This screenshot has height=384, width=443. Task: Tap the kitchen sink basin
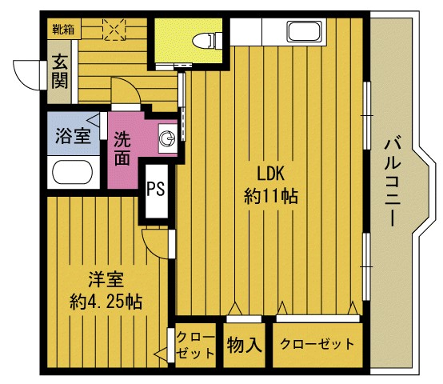pos(304,32)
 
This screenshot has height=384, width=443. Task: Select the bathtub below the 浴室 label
pos(73,172)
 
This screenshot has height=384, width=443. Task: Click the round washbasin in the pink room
pos(167,138)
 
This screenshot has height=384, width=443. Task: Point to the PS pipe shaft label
pos(156,188)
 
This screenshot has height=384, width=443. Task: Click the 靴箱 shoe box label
pos(63,30)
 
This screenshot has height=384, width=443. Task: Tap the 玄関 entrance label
pos(60,71)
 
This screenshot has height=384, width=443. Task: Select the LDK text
pos(270,174)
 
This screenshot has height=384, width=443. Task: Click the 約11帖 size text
pos(270,196)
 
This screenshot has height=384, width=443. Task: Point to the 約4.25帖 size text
pos(106,302)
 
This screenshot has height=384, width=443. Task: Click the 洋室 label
pos(106,279)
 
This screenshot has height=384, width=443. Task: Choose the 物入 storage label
pos(245,345)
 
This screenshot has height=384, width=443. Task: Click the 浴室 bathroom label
pos(73,136)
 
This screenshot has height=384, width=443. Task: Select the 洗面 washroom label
pos(122,148)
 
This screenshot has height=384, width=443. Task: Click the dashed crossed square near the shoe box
pos(114,30)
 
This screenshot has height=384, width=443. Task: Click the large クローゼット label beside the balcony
pos(317,344)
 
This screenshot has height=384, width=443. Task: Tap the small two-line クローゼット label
pos(195,345)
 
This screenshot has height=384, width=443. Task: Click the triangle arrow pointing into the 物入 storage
pos(235,309)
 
